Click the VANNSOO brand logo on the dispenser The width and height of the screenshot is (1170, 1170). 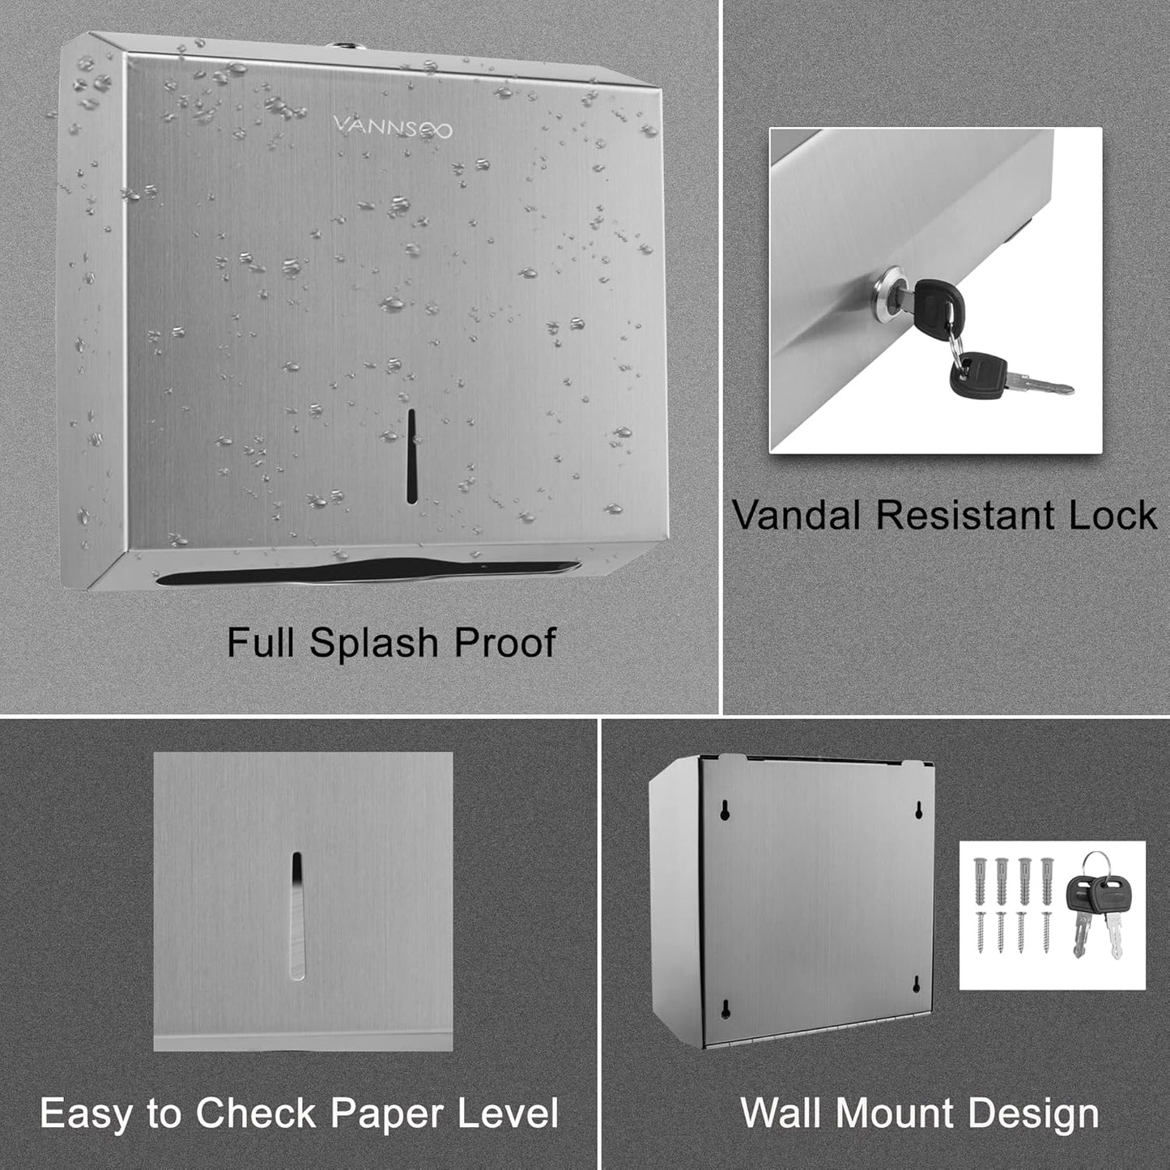pyautogui.click(x=393, y=127)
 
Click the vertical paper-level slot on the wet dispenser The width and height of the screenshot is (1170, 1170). pyautogui.click(x=411, y=456)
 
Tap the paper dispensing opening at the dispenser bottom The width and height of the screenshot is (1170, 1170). pyautogui.click(x=368, y=572)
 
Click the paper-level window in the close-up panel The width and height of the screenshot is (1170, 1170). pyautogui.click(x=297, y=915)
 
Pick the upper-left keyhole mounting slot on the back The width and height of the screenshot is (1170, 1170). pyautogui.click(x=725, y=810)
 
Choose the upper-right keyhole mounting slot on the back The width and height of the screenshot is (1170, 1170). pyautogui.click(x=919, y=810)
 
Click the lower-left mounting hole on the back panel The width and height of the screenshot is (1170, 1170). pyautogui.click(x=725, y=1008)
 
